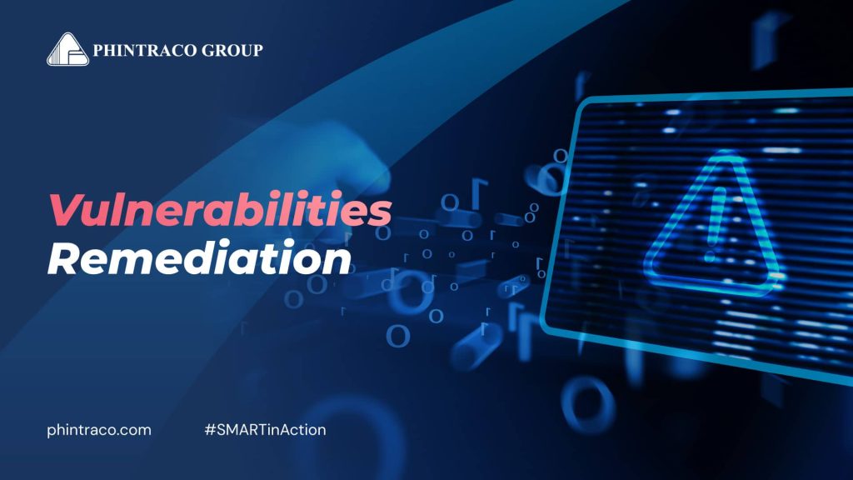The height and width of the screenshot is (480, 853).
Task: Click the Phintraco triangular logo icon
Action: pos(67,49)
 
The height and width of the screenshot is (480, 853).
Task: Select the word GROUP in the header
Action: pos(232,51)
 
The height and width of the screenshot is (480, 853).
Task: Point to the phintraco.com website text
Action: pos(99,430)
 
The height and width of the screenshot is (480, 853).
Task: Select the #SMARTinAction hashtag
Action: pos(265,430)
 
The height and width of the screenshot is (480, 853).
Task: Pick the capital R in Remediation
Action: pos(63,259)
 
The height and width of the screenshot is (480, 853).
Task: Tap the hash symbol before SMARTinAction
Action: pos(208,430)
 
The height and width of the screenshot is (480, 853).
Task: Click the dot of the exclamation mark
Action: pos(710,250)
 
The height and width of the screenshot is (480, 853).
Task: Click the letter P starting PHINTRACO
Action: pos(99,51)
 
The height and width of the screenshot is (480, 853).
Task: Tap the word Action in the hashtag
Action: pos(305,430)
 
